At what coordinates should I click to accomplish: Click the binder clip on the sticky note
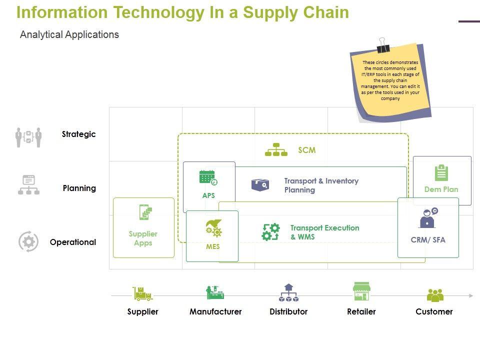click(383, 45)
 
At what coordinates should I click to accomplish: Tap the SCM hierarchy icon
click(276, 150)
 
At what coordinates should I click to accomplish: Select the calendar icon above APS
click(208, 178)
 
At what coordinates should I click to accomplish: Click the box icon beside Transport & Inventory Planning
click(260, 185)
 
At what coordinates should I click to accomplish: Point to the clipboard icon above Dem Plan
click(441, 172)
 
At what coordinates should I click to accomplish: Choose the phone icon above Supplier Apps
click(144, 212)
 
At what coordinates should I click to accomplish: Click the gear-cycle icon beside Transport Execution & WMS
click(271, 232)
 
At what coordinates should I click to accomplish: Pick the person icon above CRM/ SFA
click(428, 218)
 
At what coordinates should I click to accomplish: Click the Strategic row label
click(78, 134)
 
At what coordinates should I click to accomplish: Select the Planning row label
click(79, 188)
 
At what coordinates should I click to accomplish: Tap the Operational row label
click(72, 242)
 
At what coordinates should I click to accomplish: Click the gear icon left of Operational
click(28, 242)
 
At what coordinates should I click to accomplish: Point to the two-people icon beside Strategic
click(28, 137)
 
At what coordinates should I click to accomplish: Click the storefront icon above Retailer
click(361, 291)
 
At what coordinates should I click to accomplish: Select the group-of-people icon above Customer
click(435, 295)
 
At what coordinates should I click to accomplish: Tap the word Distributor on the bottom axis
click(288, 311)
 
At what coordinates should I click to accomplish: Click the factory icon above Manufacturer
click(215, 292)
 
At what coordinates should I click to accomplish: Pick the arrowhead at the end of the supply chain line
click(470, 296)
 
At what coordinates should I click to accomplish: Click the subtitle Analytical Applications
click(69, 34)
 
